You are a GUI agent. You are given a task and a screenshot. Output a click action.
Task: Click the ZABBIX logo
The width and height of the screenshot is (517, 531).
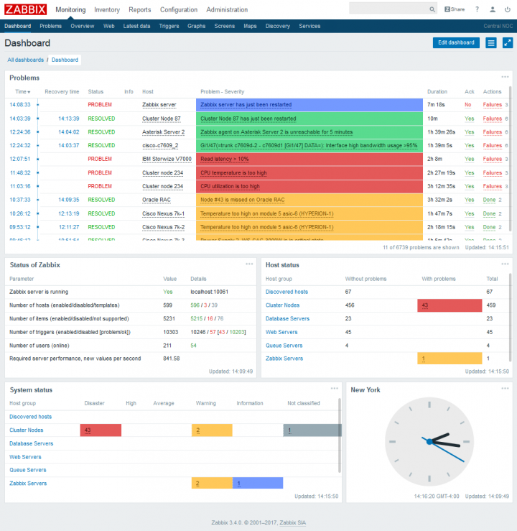coord(26,9)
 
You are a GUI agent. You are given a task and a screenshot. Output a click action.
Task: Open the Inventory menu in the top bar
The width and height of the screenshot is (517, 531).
coord(107,10)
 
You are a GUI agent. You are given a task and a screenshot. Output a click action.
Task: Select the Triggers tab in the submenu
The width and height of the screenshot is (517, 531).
coord(169,26)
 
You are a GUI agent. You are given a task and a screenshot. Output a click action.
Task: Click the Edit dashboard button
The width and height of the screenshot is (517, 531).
coord(456,42)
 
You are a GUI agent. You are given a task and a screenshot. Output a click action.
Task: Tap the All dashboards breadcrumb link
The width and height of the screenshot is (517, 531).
coord(26,60)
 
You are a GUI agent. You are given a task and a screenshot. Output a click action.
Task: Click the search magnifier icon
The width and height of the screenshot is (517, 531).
coord(432,9)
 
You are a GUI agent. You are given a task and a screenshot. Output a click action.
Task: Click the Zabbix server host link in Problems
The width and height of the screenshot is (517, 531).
coord(159,105)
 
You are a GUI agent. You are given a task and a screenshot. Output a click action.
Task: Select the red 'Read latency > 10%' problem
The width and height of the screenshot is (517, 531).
coord(225,159)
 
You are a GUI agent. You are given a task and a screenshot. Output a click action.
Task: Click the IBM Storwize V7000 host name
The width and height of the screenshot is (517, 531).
coord(167,159)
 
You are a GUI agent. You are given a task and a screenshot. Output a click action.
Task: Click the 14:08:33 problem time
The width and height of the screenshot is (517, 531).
coord(20,105)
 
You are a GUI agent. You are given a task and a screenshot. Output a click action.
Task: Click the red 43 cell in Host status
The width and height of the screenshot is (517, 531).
coord(449,305)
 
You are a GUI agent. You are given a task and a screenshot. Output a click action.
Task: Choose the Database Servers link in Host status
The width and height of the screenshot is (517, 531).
coord(287,318)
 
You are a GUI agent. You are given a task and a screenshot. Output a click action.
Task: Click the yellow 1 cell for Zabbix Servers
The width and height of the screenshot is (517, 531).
coord(449,359)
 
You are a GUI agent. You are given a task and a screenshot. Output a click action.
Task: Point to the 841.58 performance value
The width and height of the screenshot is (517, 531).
coord(171,359)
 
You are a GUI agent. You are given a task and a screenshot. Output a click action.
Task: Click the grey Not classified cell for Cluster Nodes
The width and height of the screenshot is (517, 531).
coord(312,430)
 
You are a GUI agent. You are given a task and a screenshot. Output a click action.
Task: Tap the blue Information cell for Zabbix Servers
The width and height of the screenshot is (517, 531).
coord(257,484)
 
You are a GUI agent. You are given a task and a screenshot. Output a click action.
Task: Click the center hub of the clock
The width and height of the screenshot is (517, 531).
coord(429,441)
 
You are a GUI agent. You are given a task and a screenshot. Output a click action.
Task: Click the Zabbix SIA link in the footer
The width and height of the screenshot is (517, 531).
coord(292,522)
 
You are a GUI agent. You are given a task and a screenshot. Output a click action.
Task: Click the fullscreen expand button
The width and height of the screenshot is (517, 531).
coord(508,42)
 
